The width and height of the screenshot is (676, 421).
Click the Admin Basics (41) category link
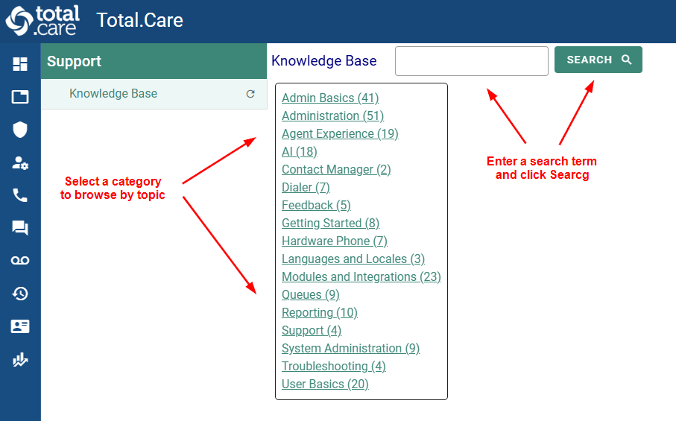click(330, 98)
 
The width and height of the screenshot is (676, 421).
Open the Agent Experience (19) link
click(340, 134)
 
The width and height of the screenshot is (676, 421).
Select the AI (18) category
click(299, 152)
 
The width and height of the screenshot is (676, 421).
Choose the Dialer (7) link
click(306, 188)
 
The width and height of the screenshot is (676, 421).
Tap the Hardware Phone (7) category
click(334, 241)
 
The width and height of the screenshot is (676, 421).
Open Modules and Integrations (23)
click(361, 277)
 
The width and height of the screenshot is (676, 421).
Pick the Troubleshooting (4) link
click(333, 367)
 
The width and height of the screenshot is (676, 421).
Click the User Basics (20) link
click(325, 384)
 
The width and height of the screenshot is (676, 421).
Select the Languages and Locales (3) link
click(353, 259)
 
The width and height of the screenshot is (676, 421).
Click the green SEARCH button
click(598, 60)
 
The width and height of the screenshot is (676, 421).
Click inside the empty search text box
click(471, 61)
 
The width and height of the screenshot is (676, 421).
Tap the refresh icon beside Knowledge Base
click(250, 94)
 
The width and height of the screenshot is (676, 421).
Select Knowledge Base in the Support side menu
click(113, 94)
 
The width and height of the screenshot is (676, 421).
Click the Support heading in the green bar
click(75, 61)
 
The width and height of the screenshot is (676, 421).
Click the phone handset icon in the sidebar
click(20, 195)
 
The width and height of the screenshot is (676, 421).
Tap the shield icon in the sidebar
click(20, 130)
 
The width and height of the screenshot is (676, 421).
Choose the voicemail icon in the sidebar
click(20, 260)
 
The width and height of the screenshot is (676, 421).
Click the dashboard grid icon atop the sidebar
click(20, 64)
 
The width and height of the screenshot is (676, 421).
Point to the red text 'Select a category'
click(113, 181)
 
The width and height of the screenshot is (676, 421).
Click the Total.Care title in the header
click(139, 20)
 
